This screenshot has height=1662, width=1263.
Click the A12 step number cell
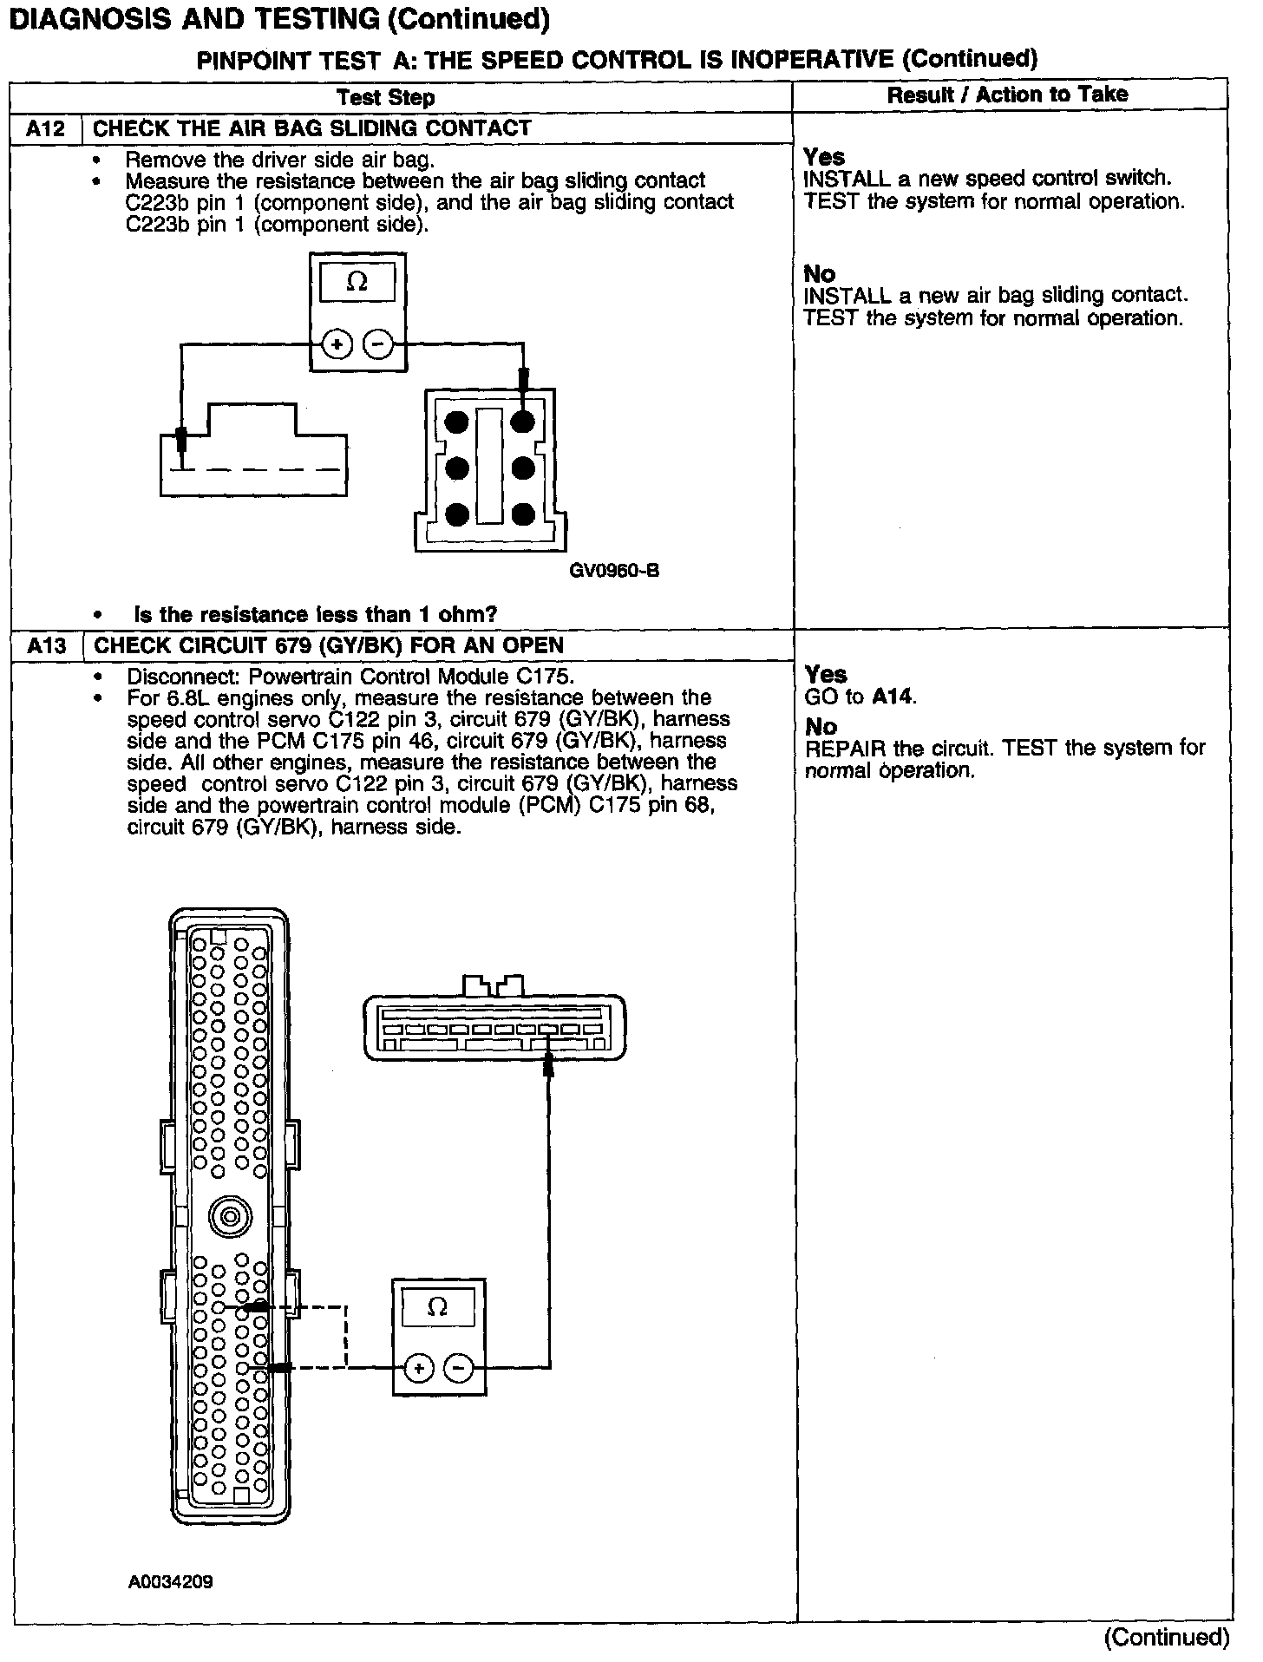pyautogui.click(x=46, y=129)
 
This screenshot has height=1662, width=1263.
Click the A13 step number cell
pyautogui.click(x=46, y=646)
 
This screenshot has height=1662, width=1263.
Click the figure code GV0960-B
pyautogui.click(x=614, y=571)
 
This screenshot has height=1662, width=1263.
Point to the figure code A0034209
pyautogui.click(x=171, y=1582)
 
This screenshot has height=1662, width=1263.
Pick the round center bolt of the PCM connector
pyautogui.click(x=230, y=1218)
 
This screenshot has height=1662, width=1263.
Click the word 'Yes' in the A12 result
pyautogui.click(x=823, y=157)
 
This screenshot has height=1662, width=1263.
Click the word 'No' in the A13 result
pyautogui.click(x=820, y=726)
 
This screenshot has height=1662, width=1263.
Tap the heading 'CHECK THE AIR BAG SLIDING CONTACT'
pyautogui.click(x=311, y=129)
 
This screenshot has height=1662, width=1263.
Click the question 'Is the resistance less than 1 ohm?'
pyautogui.click(x=315, y=615)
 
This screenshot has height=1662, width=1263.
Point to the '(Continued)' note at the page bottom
pyautogui.click(x=1167, y=1637)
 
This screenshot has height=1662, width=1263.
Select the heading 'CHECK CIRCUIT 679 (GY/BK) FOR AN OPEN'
pyautogui.click(x=329, y=646)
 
